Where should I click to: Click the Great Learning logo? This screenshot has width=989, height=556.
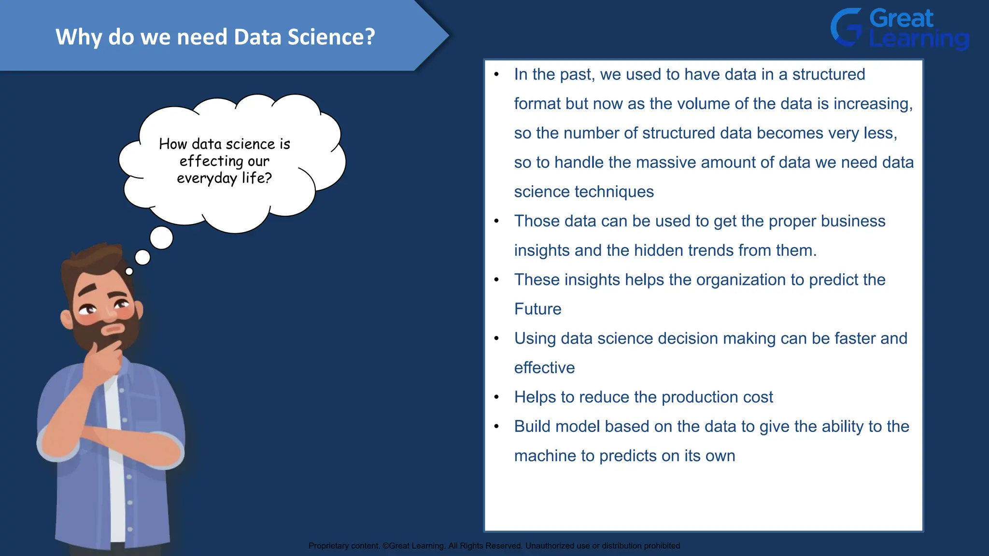pos(899,29)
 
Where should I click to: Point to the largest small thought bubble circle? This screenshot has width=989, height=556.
pos(161,237)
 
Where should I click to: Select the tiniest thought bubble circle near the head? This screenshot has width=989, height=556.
pos(129,271)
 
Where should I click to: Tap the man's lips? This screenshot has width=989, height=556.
pos(114,329)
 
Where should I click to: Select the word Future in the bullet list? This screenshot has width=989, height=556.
pos(537,309)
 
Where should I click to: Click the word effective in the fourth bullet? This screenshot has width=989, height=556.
pos(544,368)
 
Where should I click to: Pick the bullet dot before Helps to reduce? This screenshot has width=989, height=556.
pos(496,397)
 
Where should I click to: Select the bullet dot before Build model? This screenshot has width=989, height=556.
pos(496,427)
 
